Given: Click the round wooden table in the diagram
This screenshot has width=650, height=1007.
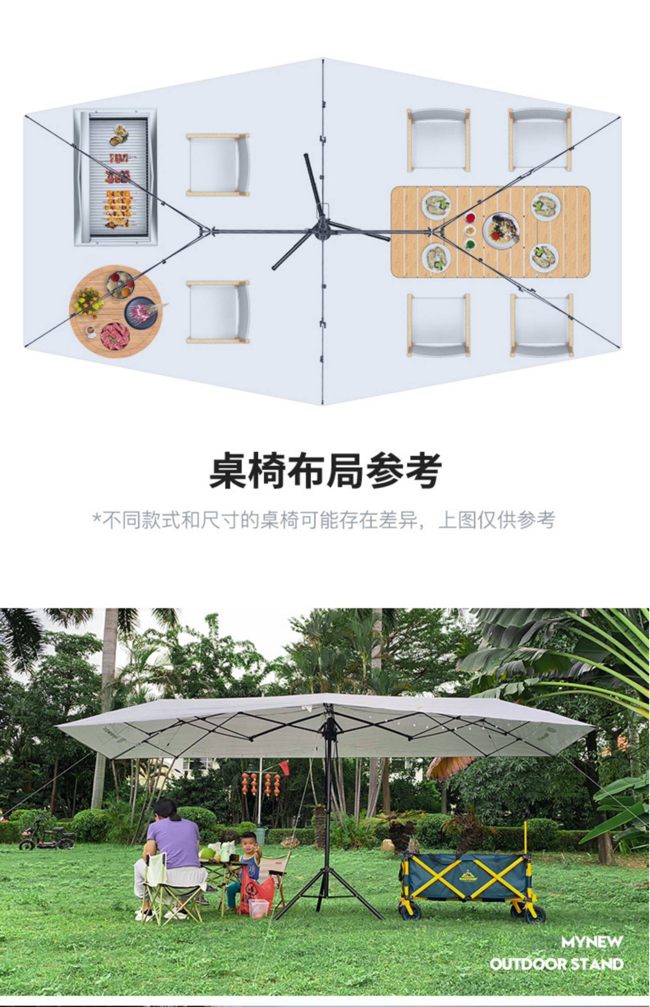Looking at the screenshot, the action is pos(115,310).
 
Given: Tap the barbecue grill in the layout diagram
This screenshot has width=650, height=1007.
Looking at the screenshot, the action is pos(115,177).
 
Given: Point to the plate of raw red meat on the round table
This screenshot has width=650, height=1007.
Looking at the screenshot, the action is pos(115,336).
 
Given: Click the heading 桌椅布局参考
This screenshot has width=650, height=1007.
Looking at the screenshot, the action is pos(325,471).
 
